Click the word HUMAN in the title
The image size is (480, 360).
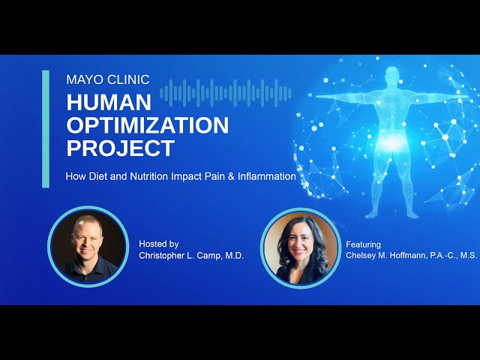pos(109,103)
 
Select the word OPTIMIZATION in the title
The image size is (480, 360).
pos(147,125)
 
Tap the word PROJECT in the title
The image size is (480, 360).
pos(120,148)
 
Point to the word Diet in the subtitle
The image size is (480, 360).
pos(100,177)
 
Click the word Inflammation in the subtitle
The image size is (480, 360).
pos(266,177)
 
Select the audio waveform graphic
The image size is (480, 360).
pos(225,93)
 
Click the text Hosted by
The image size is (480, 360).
pos(159,244)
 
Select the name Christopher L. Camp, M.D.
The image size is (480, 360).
pos(191,256)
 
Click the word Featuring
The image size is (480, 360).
pos(364,244)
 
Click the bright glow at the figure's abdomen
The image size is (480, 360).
pos(391,142)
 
